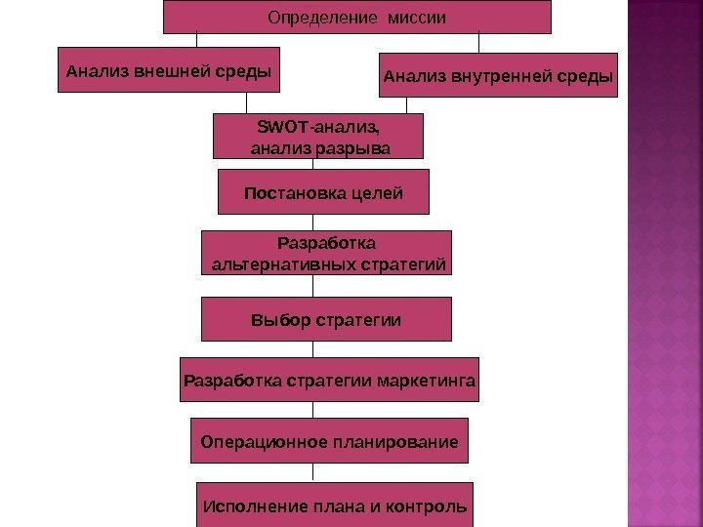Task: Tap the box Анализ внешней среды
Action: click(167, 71)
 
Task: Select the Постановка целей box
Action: click(323, 192)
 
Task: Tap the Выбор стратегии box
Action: click(326, 319)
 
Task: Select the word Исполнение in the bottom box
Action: click(249, 507)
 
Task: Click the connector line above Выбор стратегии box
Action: click(313, 286)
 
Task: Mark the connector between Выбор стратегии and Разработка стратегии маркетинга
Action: click(313, 349)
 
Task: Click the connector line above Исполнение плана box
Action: click(313, 472)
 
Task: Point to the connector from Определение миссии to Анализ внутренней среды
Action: click(478, 43)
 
